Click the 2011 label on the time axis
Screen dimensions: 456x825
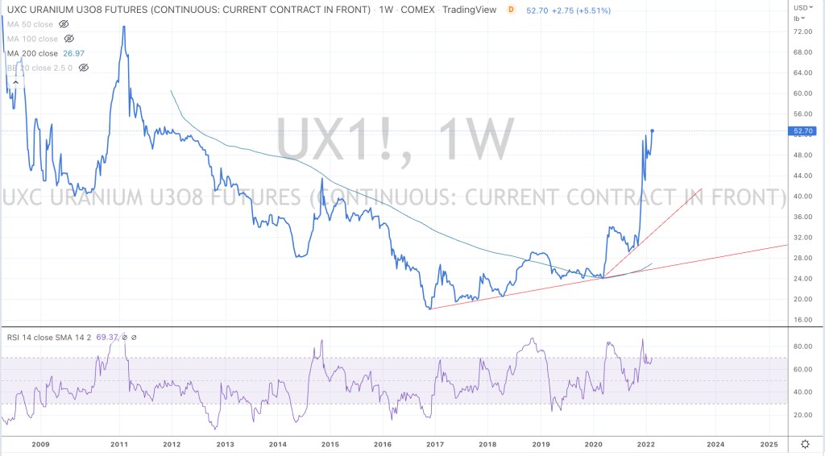[x=119, y=444]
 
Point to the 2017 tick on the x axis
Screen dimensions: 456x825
[x=435, y=444]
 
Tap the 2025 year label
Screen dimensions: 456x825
[x=769, y=444]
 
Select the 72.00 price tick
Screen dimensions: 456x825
[x=802, y=31]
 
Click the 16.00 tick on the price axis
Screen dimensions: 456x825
[x=802, y=320]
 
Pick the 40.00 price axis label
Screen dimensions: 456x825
[x=802, y=197]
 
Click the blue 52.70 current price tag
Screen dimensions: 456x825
[x=805, y=131]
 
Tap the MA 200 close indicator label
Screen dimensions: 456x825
[x=32, y=53]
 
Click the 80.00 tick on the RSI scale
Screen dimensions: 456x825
[x=802, y=347]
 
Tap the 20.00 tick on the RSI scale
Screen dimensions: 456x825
[x=802, y=415]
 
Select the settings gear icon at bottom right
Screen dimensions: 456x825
[x=805, y=444]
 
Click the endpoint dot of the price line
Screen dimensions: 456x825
[x=652, y=131]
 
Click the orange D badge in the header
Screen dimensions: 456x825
[x=511, y=10]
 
